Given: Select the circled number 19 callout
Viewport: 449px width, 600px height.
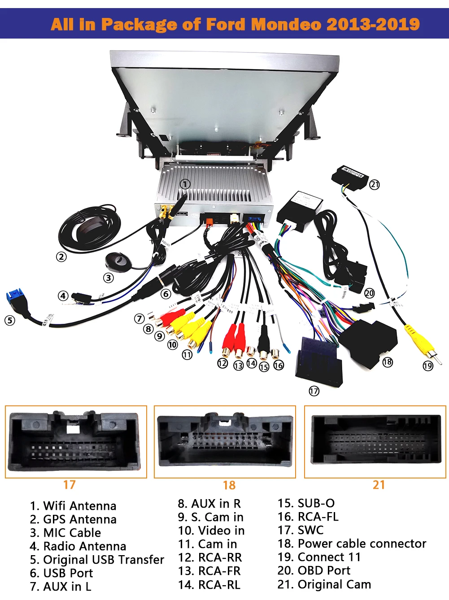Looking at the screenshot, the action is coord(428,366).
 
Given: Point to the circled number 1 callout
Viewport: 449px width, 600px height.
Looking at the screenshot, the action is coord(185,184).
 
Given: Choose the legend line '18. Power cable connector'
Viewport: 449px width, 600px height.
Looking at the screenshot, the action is coord(352,543).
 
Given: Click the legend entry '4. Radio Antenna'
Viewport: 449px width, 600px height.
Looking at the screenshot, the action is coord(78,546).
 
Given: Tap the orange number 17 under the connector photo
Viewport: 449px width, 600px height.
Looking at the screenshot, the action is coord(70,485).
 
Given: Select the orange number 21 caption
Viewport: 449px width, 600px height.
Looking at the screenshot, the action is coord(379,485).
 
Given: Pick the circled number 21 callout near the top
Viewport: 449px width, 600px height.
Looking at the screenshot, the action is coord(375,184).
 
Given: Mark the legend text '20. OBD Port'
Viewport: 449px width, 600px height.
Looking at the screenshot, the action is coord(314,570).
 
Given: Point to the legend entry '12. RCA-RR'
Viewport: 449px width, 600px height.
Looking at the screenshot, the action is coord(209,557).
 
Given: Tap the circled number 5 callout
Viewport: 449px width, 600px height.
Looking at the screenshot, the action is coord(9,320).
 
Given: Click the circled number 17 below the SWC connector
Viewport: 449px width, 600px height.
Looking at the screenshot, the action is coord(314,391).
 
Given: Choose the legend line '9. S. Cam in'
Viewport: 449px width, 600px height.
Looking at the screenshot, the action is coord(210,517).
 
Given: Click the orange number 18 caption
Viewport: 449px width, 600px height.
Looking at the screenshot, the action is coord(229,485).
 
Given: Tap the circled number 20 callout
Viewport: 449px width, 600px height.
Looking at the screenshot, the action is coord(369,293).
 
